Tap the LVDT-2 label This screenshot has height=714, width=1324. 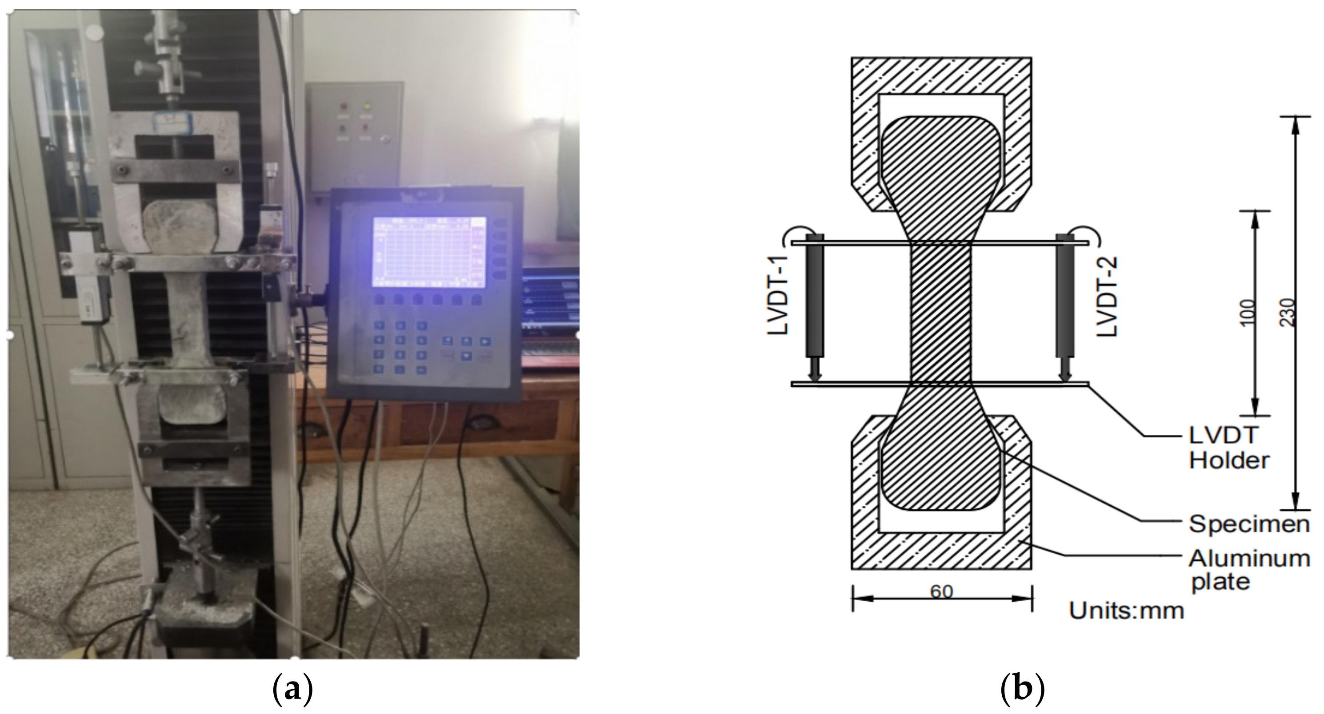1107,297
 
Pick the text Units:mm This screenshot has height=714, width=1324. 1127,611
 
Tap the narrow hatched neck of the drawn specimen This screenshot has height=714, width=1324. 941,313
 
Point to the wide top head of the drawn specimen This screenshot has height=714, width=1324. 941,154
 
